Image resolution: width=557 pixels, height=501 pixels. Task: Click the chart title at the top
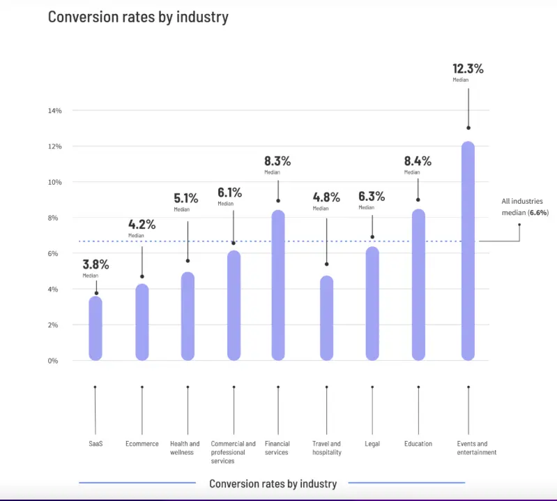(138, 17)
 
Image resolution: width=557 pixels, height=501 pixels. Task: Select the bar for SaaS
(96, 329)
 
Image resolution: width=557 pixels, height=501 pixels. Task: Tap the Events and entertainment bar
(468, 251)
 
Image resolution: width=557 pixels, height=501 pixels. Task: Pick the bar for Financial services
(277, 285)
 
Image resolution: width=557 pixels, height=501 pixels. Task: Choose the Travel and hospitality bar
(326, 318)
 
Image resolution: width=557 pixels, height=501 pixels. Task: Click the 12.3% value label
(467, 69)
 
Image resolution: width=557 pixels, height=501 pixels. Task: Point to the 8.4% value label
(418, 161)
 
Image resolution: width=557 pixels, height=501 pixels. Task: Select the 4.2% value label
(142, 225)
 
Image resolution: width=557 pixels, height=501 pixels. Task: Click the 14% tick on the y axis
(55, 111)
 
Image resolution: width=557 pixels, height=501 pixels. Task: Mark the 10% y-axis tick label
(55, 182)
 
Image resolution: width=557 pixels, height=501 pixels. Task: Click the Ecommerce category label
(142, 444)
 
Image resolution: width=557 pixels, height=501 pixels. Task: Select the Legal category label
(372, 444)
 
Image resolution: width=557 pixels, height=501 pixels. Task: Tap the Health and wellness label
(185, 448)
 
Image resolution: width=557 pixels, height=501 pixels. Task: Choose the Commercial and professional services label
(233, 452)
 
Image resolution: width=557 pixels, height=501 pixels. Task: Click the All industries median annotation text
(524, 207)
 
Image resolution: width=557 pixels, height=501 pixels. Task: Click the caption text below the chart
(273, 484)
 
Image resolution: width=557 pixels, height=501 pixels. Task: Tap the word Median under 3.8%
(91, 276)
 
